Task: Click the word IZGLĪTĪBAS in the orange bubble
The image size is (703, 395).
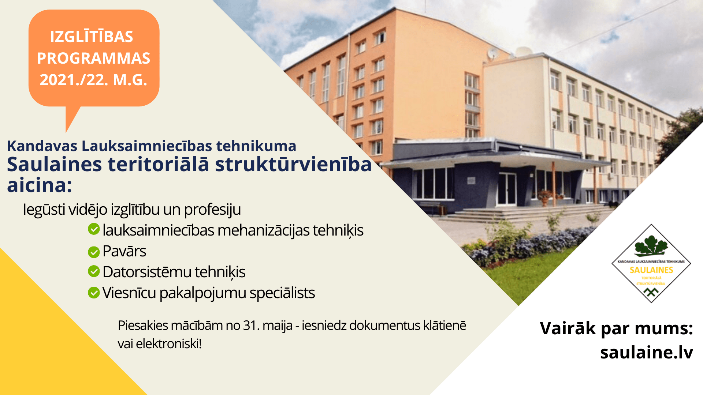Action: click(x=92, y=36)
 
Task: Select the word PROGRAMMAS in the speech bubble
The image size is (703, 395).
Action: click(x=94, y=58)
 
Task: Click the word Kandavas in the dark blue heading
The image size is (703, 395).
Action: click(x=42, y=146)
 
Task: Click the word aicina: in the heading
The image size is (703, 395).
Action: click(x=40, y=185)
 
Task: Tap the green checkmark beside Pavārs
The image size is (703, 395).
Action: click(x=94, y=252)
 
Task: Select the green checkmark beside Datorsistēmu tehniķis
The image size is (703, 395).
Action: click(x=94, y=271)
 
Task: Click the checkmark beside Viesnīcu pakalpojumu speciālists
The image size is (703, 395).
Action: click(x=94, y=293)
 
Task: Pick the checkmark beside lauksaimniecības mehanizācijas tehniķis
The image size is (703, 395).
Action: click(x=94, y=229)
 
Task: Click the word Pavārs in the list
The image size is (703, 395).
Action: click(x=124, y=251)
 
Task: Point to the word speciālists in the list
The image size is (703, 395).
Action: click(x=282, y=293)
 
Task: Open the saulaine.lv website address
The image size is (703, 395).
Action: click(x=647, y=352)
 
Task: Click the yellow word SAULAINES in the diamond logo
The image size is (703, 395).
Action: click(x=651, y=270)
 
